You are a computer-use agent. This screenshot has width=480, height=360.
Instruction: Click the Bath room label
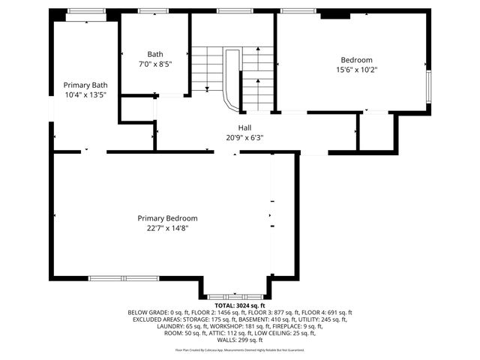[x=154, y=54]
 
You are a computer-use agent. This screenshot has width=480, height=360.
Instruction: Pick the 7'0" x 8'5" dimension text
[x=154, y=64]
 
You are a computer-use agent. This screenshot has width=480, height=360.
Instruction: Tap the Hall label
[x=245, y=127]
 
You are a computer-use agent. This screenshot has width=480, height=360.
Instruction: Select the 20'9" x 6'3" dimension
[x=245, y=137]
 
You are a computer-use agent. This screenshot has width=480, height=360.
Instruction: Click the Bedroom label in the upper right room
[x=356, y=60]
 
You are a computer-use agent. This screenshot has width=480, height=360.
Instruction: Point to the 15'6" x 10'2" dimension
[x=356, y=70]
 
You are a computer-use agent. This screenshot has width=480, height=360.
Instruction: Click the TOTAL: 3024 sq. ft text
[x=240, y=306]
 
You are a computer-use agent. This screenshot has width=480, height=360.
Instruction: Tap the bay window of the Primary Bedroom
[x=234, y=297]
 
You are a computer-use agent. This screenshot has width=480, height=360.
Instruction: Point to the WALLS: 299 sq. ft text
[x=240, y=340]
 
